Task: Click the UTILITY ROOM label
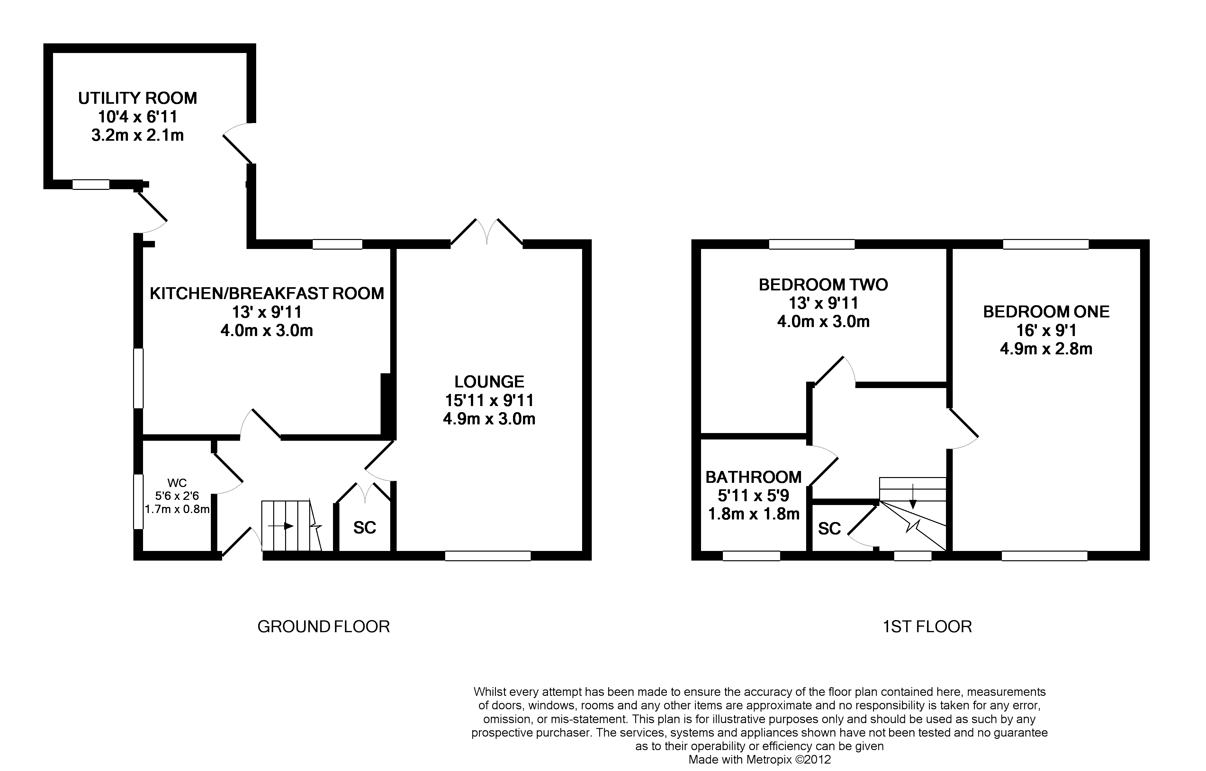[137, 98]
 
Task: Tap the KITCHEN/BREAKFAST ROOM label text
[267, 293]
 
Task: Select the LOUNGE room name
[489, 382]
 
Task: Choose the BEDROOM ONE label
[1046, 312]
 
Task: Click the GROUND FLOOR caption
[324, 627]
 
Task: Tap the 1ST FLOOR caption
[927, 627]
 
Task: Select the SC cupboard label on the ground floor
[364, 528]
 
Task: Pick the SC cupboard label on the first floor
[829, 529]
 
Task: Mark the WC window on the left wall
[138, 502]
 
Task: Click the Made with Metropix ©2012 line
[760, 759]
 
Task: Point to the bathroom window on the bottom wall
[751, 556]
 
